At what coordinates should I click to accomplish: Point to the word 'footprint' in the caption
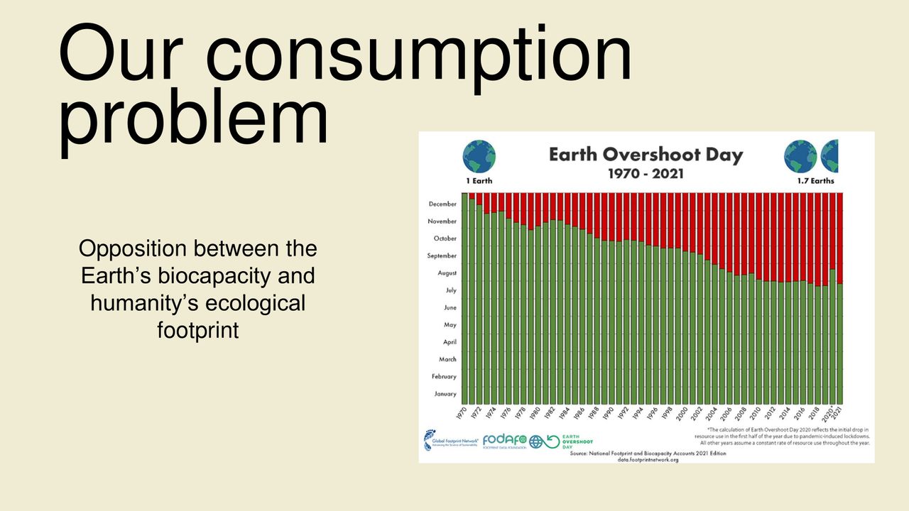tap(197, 330)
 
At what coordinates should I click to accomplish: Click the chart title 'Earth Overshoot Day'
tap(646, 155)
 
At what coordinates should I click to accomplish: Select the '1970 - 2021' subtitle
tap(646, 173)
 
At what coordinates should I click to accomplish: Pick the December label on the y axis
tap(442, 204)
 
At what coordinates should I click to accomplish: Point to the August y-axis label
tap(447, 273)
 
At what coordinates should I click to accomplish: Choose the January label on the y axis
tap(445, 394)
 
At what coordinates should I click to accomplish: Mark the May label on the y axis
tap(450, 325)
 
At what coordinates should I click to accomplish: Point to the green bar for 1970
tap(465, 298)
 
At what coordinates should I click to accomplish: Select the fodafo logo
tap(504, 441)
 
